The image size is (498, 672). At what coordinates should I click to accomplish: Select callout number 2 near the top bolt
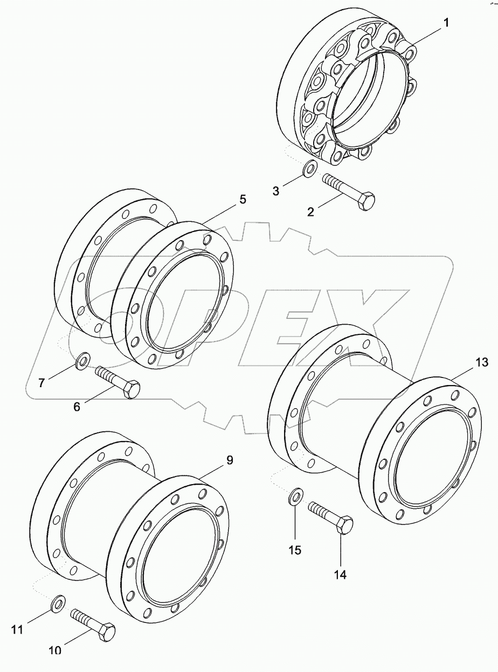311,211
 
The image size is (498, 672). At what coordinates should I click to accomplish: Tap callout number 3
275,191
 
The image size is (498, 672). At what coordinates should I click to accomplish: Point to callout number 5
243,199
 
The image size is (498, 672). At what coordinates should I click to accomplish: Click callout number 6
77,407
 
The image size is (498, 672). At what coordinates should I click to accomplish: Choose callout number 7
41,383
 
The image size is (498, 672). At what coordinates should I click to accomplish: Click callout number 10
55,650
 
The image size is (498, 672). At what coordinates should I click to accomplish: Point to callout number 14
340,575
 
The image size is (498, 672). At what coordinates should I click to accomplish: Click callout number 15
295,550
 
